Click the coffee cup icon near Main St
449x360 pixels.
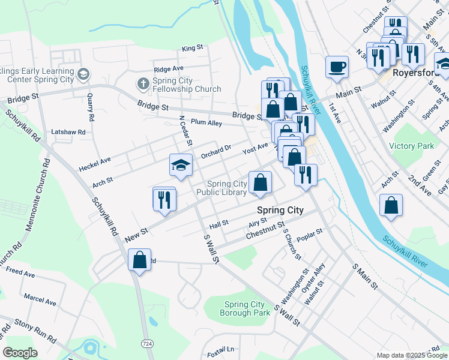[337, 67]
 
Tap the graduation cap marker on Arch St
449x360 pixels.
[181, 166]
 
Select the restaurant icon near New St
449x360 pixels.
[164, 199]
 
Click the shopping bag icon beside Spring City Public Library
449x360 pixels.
[261, 182]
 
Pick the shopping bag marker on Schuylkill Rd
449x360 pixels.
[140, 260]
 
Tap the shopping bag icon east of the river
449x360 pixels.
[391, 205]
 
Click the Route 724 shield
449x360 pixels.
[147, 342]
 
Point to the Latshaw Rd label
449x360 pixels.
[68, 131]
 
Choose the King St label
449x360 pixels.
[193, 48]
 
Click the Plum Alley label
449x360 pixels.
[206, 123]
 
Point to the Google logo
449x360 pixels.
[20, 353]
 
